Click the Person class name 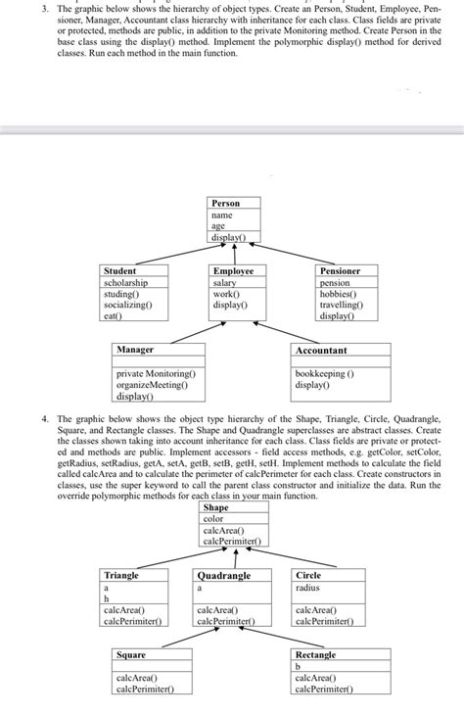(x=225, y=203)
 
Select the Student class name (x=120, y=270)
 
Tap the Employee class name (x=233, y=270)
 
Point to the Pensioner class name (x=340, y=270)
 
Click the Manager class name (x=135, y=350)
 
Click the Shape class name (x=216, y=508)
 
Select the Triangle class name (x=121, y=576)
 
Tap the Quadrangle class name (x=224, y=576)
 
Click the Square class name (x=131, y=654)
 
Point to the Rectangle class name (x=315, y=654)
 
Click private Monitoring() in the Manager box (x=156, y=374)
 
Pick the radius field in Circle (x=308, y=588)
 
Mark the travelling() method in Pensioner (x=341, y=305)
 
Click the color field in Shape (x=213, y=519)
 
